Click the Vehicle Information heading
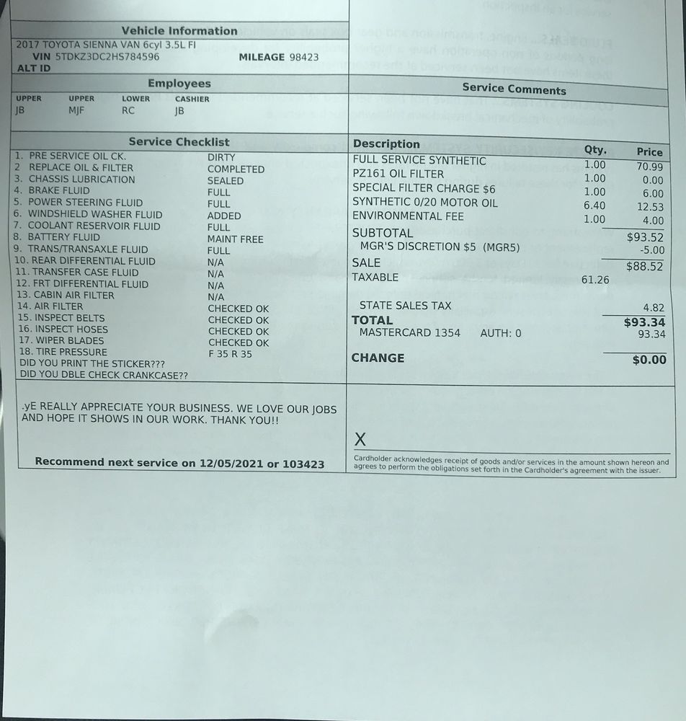click(x=179, y=31)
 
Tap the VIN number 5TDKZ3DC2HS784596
click(x=107, y=56)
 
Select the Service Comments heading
click(x=514, y=89)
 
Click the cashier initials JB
click(x=179, y=111)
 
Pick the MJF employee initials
click(x=77, y=111)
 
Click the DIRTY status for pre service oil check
click(x=221, y=157)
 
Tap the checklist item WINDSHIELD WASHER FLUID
click(x=95, y=214)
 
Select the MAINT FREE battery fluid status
click(x=236, y=239)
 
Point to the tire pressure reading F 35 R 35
click(x=231, y=354)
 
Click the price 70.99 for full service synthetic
click(x=649, y=167)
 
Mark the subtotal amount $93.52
click(x=645, y=237)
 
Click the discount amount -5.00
click(x=651, y=250)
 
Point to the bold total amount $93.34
click(x=644, y=322)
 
